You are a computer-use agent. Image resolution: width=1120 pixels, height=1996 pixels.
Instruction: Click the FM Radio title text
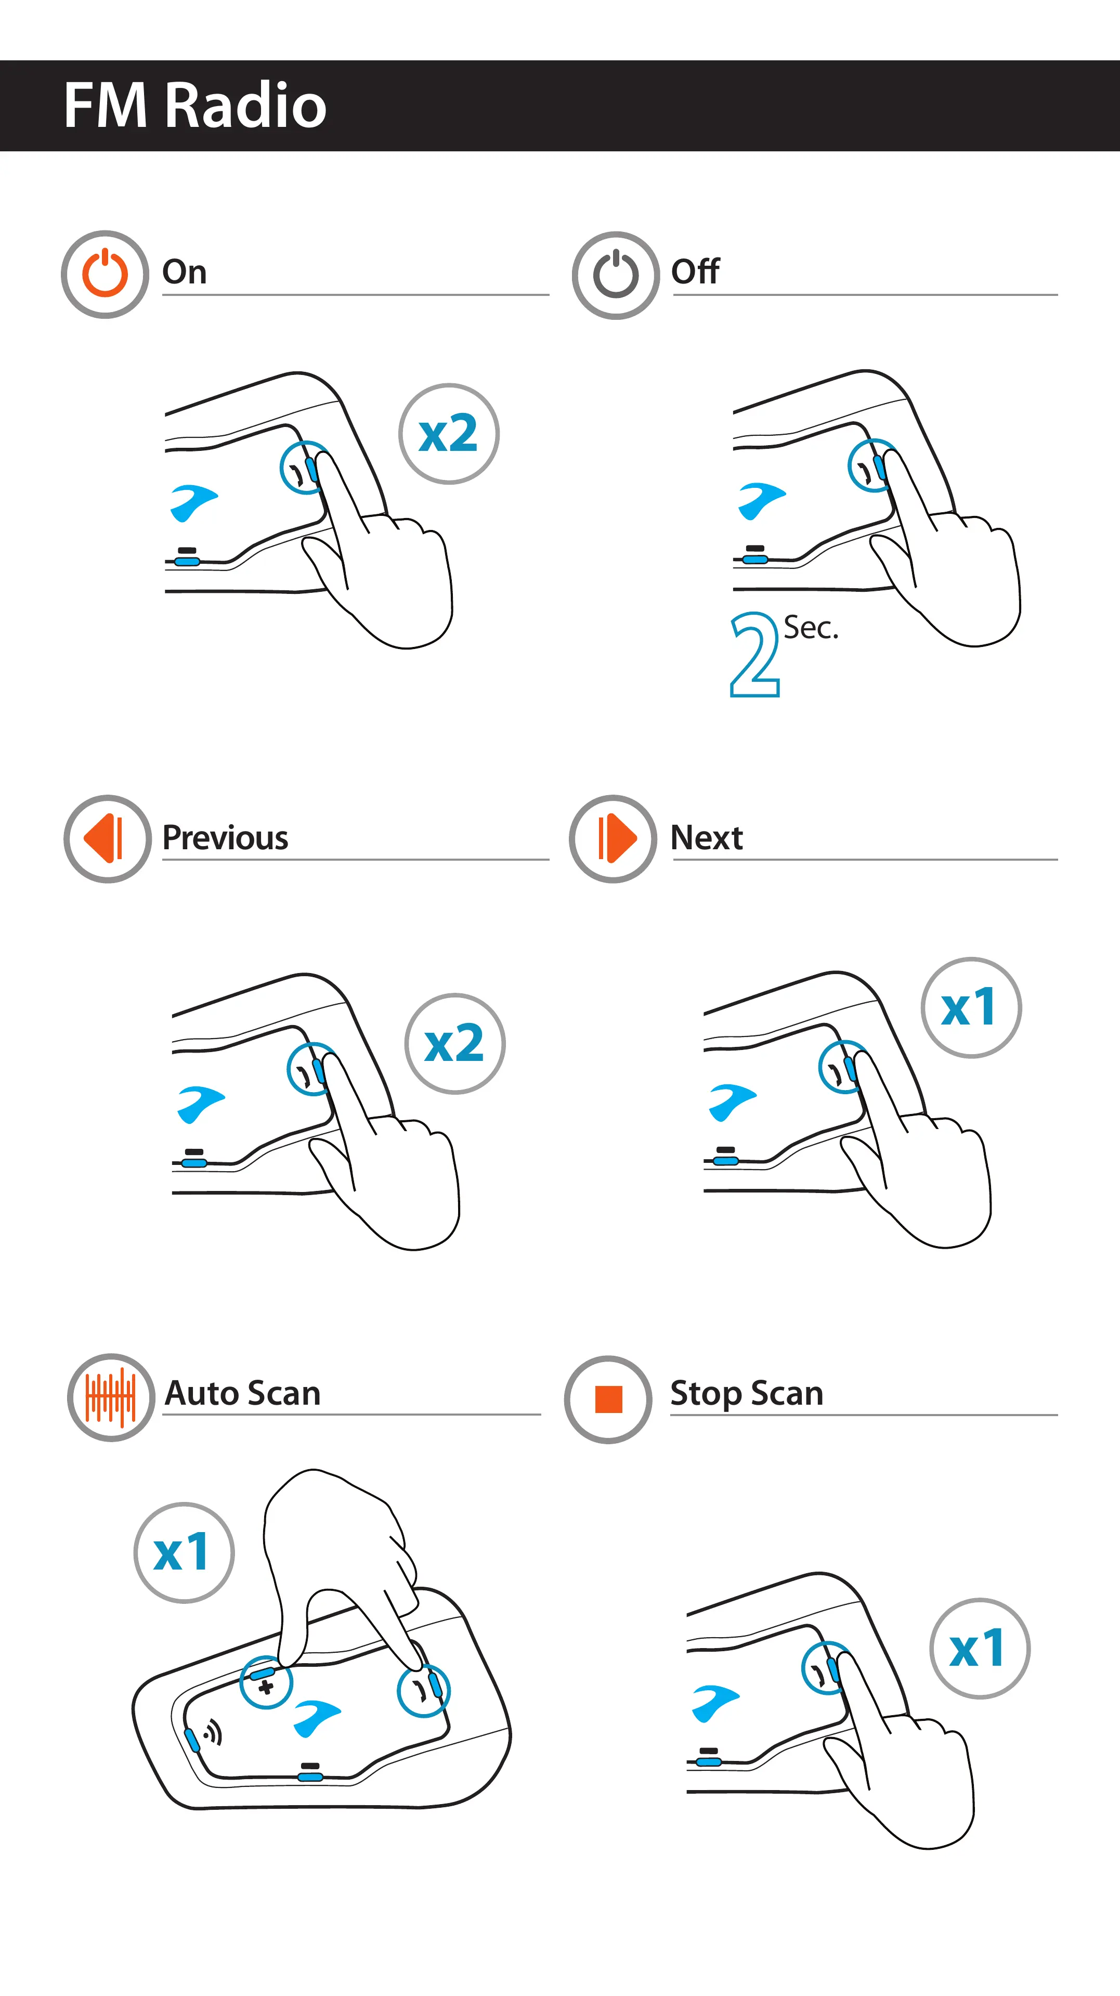click(195, 106)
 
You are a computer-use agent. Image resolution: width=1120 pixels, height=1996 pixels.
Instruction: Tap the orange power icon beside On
click(105, 274)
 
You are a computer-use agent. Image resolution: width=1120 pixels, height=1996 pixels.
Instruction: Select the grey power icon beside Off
click(616, 275)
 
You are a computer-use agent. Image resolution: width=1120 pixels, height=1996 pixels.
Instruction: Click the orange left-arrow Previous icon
click(107, 838)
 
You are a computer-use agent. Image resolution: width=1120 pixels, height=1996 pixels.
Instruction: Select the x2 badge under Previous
click(454, 1044)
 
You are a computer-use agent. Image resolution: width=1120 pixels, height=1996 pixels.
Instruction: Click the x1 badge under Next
click(971, 1007)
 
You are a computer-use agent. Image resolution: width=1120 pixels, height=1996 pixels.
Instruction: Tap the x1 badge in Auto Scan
click(184, 1552)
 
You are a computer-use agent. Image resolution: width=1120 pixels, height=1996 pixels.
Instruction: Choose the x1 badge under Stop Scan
click(979, 1648)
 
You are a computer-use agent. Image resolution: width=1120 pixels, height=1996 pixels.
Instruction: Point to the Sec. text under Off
click(810, 628)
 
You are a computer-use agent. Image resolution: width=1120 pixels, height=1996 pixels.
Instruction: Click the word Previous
click(225, 838)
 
